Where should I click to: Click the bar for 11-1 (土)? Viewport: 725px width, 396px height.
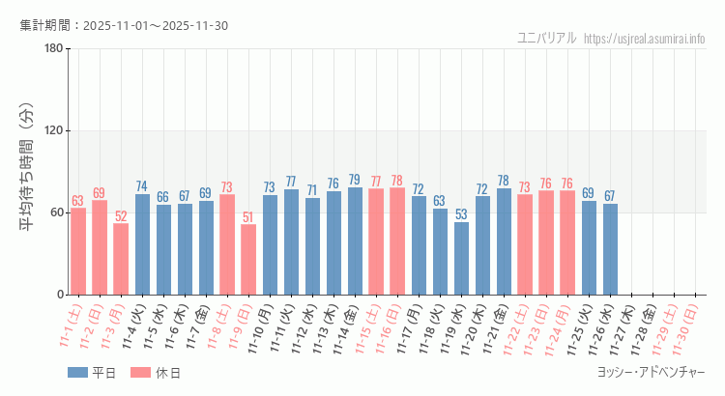click(x=78, y=251)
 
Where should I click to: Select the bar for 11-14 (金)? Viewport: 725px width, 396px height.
click(x=355, y=240)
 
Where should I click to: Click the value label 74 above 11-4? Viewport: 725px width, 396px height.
click(x=142, y=186)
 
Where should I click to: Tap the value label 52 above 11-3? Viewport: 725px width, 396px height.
click(x=121, y=216)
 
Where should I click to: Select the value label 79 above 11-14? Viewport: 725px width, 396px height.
click(x=355, y=180)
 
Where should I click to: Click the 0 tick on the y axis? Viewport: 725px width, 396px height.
click(x=60, y=295)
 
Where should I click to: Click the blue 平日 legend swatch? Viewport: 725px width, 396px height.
click(x=77, y=372)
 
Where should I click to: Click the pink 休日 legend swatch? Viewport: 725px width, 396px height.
click(x=141, y=372)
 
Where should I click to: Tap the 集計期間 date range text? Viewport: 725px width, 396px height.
click(x=124, y=25)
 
